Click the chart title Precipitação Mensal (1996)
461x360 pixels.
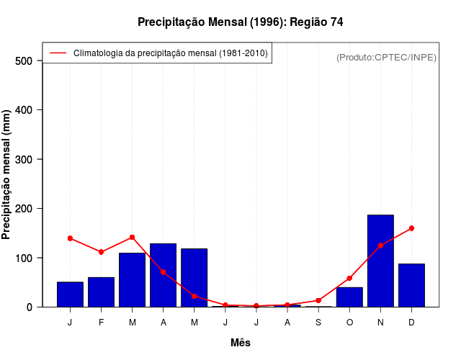240,22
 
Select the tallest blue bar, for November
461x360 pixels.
380,261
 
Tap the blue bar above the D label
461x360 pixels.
411,285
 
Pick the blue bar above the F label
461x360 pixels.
101,292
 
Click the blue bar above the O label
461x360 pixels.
349,297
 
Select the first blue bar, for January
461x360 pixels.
70,294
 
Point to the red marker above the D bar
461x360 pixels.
411,228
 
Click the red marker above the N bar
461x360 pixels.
380,246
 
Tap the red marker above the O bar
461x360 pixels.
349,278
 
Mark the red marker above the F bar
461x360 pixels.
101,252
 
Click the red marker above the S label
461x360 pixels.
318,300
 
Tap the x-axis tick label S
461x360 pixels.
318,323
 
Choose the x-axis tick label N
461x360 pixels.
380,323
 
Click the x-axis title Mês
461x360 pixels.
241,343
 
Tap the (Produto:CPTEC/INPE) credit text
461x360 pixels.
386,57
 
